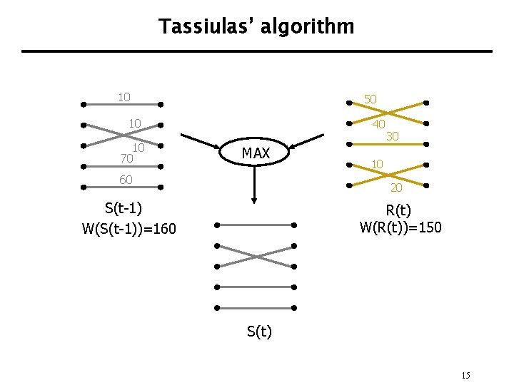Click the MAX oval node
254,152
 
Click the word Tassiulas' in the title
207,26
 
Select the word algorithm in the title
308,26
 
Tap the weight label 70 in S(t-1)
127,158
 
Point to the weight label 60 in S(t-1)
126,180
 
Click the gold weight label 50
371,99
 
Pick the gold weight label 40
379,124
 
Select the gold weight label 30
393,136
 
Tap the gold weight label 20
396,188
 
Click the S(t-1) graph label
124,208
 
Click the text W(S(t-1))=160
128,229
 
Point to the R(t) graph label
398,210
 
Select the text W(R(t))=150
400,227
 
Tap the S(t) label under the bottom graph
259,332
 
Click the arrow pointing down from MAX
254,185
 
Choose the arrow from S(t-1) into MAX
201,141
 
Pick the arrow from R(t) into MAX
306,141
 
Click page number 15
465,375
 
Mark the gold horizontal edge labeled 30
388,144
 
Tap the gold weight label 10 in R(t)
378,164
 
